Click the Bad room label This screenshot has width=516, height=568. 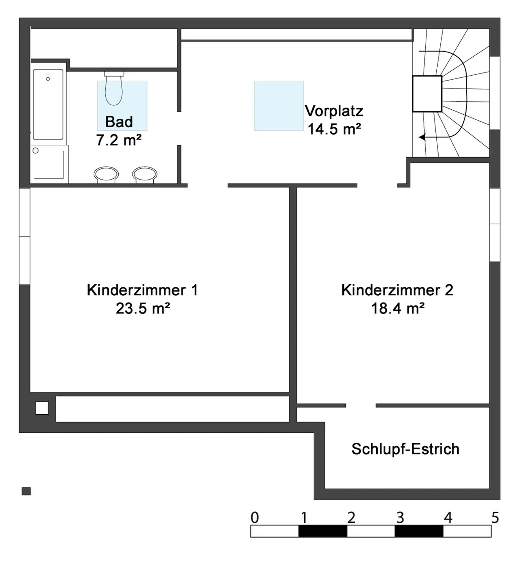tap(119, 122)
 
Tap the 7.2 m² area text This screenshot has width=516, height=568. tap(119, 140)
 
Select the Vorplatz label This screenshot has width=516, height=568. tap(334, 111)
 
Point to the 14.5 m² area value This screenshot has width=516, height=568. tap(334, 129)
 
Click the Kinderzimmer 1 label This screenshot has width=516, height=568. tap(142, 290)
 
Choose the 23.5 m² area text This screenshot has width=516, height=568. tap(143, 308)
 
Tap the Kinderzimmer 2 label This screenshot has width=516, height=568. tap(397, 290)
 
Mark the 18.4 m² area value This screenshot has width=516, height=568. tap(398, 308)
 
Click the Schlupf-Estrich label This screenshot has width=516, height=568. tap(405, 449)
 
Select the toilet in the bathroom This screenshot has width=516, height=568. tap(114, 90)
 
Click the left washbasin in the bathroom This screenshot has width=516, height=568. tap(106, 174)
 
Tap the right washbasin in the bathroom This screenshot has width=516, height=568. tap(145, 174)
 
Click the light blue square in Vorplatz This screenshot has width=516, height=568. tap(279, 106)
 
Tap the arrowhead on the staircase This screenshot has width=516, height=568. tap(422, 137)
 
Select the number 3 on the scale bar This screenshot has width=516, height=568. tap(400, 517)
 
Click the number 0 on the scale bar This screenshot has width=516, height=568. tap(254, 517)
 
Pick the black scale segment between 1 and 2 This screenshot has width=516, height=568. tap(322, 531)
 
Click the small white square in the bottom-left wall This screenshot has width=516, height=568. tap(42, 408)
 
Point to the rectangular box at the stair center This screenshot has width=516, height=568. tap(427, 94)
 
